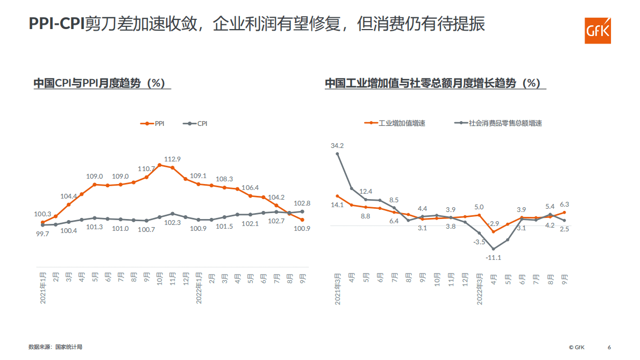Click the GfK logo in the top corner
click(598, 30)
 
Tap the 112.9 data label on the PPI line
click(172, 159)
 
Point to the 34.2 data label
click(337, 145)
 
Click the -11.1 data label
click(493, 258)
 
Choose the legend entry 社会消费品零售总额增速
click(499, 123)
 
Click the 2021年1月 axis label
click(44, 287)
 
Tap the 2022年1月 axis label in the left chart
click(198, 287)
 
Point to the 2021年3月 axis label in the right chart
click(338, 289)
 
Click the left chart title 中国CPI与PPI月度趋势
click(99, 83)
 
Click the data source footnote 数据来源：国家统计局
click(55, 347)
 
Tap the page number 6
click(609, 347)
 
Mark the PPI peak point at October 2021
click(160, 165)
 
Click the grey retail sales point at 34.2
click(338, 154)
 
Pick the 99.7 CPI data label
click(42, 234)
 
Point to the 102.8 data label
click(302, 203)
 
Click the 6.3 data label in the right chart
click(564, 204)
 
